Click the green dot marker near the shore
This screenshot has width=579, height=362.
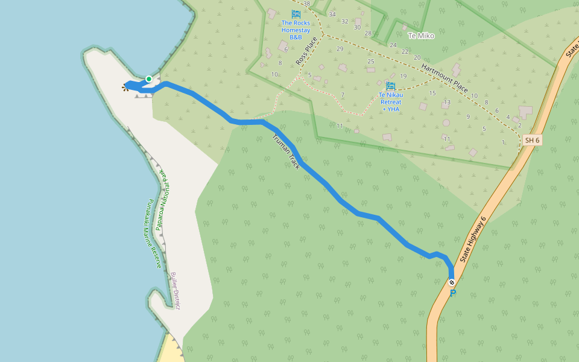tap(148, 79)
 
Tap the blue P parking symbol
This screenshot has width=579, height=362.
tap(453, 293)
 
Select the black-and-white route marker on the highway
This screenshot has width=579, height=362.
tap(452, 282)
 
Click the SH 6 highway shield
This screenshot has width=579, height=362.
tap(531, 141)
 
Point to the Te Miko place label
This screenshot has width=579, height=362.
tap(421, 36)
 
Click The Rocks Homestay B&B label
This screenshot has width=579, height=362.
tap(296, 30)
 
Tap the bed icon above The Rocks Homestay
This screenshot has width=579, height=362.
tap(296, 13)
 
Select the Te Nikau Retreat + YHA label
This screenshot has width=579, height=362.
tap(391, 102)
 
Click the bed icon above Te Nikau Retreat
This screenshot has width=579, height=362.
tap(391, 86)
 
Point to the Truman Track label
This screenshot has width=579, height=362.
tap(286, 151)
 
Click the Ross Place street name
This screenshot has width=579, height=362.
tap(306, 51)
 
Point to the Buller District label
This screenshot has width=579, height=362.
tap(176, 290)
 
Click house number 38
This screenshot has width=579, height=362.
tap(306, 4)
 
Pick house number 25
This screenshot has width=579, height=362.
tap(371, 62)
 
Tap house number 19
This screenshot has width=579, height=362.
tap(403, 76)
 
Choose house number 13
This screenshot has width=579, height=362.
tap(447, 103)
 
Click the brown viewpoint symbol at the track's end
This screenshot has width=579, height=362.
tap(125, 88)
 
